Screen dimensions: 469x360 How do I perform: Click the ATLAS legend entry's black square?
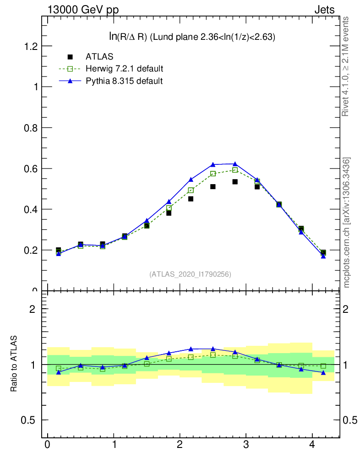click(70, 57)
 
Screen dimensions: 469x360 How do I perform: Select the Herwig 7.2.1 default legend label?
click(124, 69)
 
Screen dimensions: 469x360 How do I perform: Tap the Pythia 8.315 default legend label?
click(124, 81)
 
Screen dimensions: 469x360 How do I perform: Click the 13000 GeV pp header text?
click(83, 10)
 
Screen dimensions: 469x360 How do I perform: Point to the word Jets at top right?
click(324, 10)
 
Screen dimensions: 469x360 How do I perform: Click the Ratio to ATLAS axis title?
click(14, 364)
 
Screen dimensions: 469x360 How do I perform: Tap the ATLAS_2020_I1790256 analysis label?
click(190, 274)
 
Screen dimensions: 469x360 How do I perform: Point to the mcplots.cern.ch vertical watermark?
click(347, 223)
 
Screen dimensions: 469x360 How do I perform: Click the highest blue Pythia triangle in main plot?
click(235, 164)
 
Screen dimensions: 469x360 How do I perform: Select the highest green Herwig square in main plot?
click(235, 170)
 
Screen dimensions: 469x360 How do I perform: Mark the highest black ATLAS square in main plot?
click(235, 182)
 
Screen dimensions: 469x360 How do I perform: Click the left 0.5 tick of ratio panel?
click(31, 420)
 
